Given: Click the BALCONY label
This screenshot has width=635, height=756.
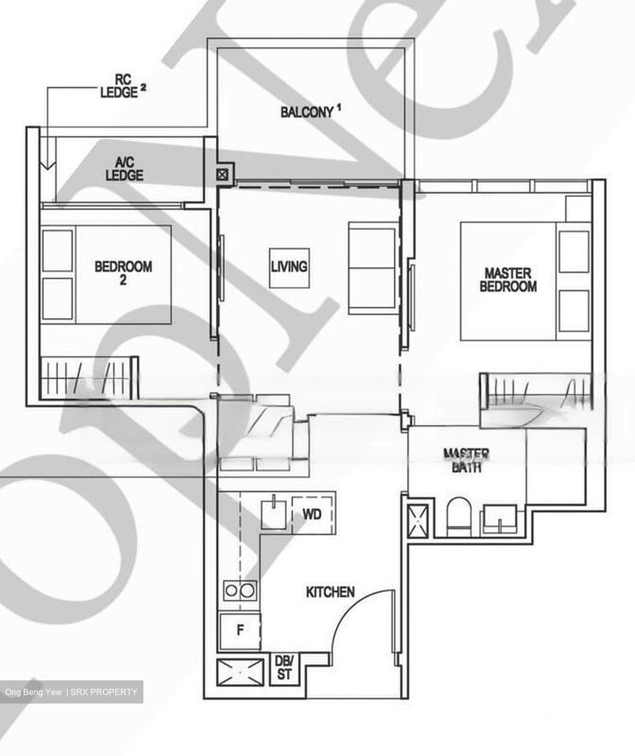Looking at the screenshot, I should [307, 112].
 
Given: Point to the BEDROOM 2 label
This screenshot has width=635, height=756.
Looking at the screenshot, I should [123, 272].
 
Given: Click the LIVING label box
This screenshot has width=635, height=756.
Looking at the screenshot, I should [289, 267].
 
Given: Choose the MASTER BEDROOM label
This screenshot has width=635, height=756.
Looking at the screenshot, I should [508, 279].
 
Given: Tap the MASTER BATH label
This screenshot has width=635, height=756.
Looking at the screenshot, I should [466, 460].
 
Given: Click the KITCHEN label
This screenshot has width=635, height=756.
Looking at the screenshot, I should [330, 592].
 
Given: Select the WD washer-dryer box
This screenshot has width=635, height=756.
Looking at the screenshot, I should [313, 514].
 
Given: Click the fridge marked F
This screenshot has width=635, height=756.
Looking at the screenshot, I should [240, 631].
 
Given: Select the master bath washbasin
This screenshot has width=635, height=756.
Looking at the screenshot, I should [502, 520].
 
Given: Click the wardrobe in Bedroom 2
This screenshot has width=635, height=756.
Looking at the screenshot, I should [89, 376].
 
